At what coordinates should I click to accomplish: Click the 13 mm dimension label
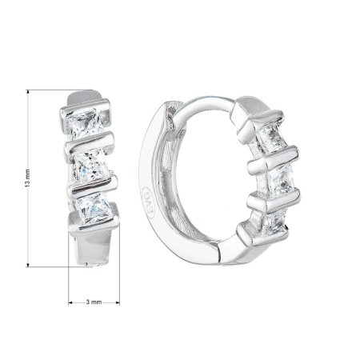[28, 178]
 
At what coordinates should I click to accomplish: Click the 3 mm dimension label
[94, 302]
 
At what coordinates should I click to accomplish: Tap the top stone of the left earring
[85, 123]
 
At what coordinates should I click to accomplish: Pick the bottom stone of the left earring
[94, 209]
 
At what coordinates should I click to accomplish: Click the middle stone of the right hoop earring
[281, 178]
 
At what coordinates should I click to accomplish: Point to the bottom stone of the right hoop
[275, 222]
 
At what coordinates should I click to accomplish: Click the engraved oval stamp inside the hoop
[148, 202]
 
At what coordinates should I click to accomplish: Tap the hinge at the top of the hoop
[171, 114]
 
